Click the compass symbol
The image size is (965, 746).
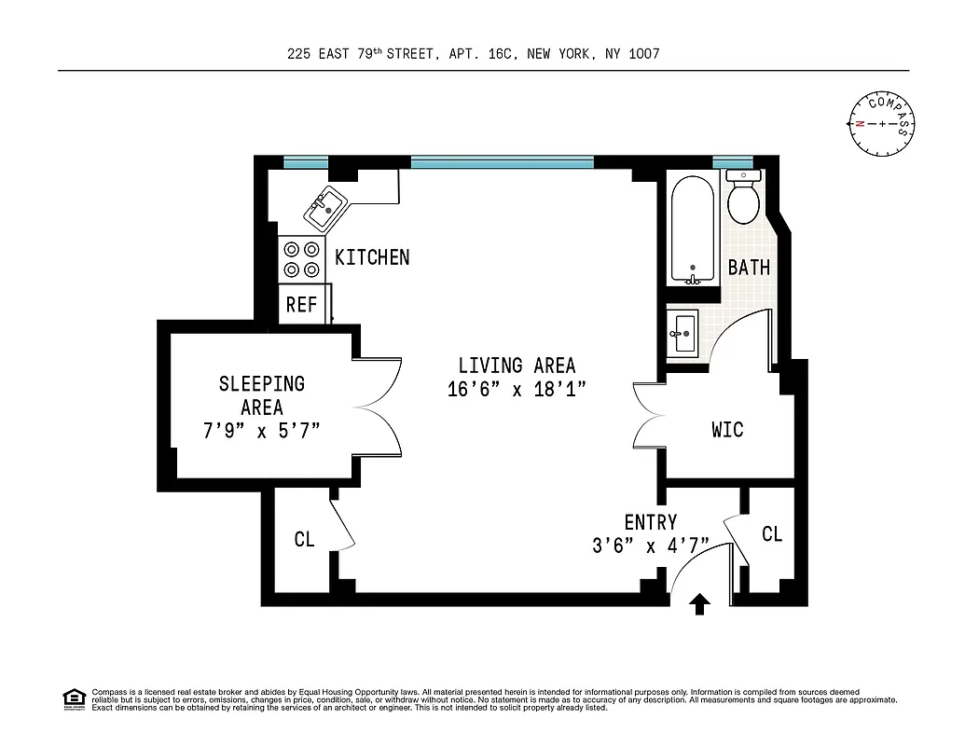pyautogui.click(x=881, y=123)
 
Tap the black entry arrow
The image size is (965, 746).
pyautogui.click(x=699, y=606)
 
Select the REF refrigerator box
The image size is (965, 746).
pyautogui.click(x=301, y=304)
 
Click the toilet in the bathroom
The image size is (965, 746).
pyautogui.click(x=743, y=199)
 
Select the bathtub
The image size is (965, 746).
pyautogui.click(x=692, y=230)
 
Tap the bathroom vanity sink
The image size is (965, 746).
pyautogui.click(x=683, y=330)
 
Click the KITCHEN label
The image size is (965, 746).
pyautogui.click(x=372, y=257)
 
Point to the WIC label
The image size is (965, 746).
pyautogui.click(x=727, y=430)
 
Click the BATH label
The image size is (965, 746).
pyautogui.click(x=749, y=268)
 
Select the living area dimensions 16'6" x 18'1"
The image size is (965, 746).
pyautogui.click(x=517, y=390)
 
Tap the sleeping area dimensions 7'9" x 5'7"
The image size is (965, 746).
pyautogui.click(x=261, y=431)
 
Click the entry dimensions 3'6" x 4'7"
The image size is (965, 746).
pyautogui.click(x=650, y=546)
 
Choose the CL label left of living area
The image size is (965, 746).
pyautogui.click(x=304, y=539)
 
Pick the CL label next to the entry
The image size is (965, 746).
pyautogui.click(x=771, y=534)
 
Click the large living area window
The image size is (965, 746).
pyautogui.click(x=502, y=163)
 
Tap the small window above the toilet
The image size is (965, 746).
pyautogui.click(x=732, y=163)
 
